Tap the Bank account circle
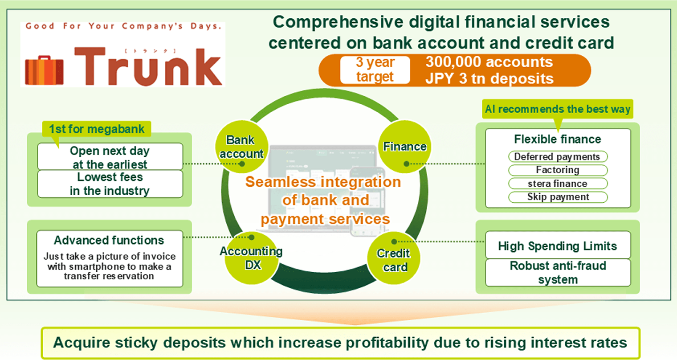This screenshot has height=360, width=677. coord(241,147)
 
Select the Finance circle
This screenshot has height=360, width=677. coord(405,147)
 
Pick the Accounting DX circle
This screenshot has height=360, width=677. coord(251,258)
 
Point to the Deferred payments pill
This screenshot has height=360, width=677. coord(558,157)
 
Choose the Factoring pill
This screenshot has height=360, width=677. coord(558,170)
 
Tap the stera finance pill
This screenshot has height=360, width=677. coord(558,184)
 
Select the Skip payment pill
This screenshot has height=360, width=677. coord(558,197)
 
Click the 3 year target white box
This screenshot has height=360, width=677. coord(375,70)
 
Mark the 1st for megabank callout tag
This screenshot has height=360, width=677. coord(97,129)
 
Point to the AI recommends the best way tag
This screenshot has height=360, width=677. coord(558,109)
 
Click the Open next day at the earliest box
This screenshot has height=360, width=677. coord(110,157)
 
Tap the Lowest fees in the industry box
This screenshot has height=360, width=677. coord(110,184)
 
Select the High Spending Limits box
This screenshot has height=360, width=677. coord(558,246)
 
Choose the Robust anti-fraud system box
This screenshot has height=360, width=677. coord(558,273)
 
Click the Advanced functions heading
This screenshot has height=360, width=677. coord(109,241)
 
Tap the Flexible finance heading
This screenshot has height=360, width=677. coord(558,139)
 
